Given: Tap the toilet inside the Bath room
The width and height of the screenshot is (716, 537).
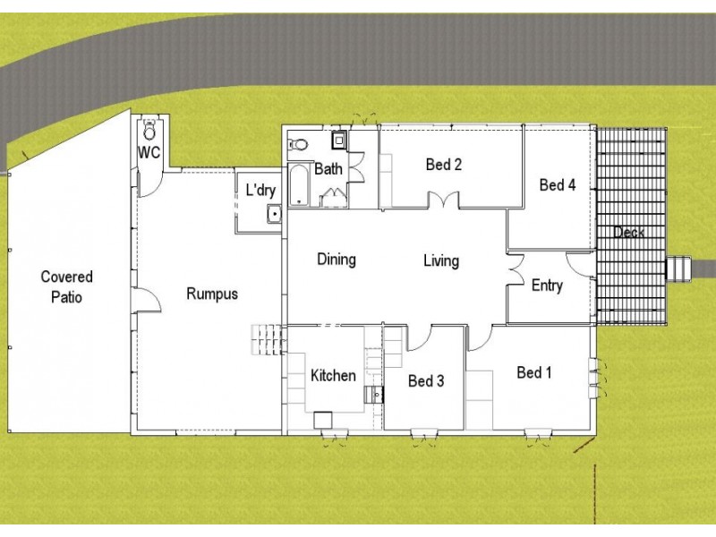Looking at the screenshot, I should pyautogui.click(x=300, y=145).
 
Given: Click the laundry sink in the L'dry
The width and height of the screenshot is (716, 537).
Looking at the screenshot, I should pyautogui.click(x=273, y=213).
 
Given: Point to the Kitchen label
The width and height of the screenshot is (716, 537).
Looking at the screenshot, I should pyautogui.click(x=333, y=376).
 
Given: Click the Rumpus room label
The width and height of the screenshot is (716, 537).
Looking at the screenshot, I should pyautogui.click(x=212, y=293).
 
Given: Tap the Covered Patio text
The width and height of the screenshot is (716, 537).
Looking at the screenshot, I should pyautogui.click(x=67, y=287).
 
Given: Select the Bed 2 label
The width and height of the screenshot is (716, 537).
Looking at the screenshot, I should pyautogui.click(x=443, y=165).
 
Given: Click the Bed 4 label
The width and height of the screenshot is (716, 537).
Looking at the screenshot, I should pyautogui.click(x=557, y=185).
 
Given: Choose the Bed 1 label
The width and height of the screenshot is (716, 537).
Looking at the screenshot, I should pyautogui.click(x=534, y=372).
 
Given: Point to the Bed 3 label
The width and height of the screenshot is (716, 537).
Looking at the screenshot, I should pyautogui.click(x=426, y=381).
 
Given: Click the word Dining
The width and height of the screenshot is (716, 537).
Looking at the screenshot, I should pyautogui.click(x=337, y=260).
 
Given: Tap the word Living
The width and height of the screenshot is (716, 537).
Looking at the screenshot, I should pyautogui.click(x=441, y=260).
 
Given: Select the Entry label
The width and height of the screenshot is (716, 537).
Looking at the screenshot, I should pyautogui.click(x=547, y=286).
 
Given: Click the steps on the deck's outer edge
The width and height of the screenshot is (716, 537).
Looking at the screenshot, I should pyautogui.click(x=680, y=268).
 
